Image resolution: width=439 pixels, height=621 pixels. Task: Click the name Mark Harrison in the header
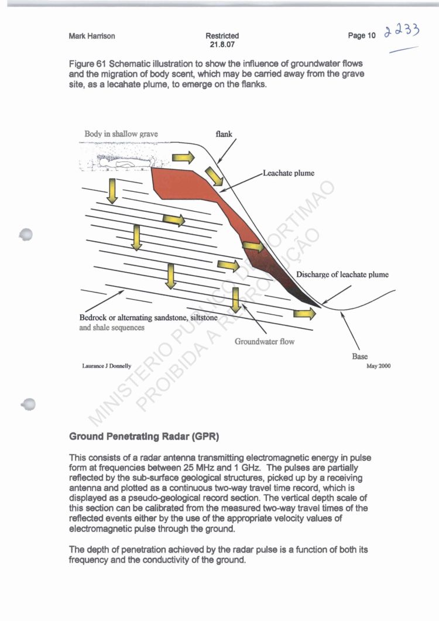92,36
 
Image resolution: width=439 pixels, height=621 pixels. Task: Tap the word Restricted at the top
222,36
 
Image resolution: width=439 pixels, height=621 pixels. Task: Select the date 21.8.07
222,44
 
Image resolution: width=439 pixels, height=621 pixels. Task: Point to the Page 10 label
362,36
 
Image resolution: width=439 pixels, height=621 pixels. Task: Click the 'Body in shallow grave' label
121,134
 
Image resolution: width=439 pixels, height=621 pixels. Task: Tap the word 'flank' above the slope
224,134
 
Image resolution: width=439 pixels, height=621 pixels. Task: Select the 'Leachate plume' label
289,173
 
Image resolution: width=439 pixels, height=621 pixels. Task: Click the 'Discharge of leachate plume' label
342,275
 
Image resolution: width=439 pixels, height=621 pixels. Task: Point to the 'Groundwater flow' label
265,341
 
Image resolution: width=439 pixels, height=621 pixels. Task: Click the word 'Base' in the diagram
360,356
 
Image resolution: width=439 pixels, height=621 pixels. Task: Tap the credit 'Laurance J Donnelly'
107,366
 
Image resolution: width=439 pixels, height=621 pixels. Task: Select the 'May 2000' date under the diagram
378,366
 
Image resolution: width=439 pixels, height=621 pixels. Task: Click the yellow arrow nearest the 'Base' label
304,314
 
